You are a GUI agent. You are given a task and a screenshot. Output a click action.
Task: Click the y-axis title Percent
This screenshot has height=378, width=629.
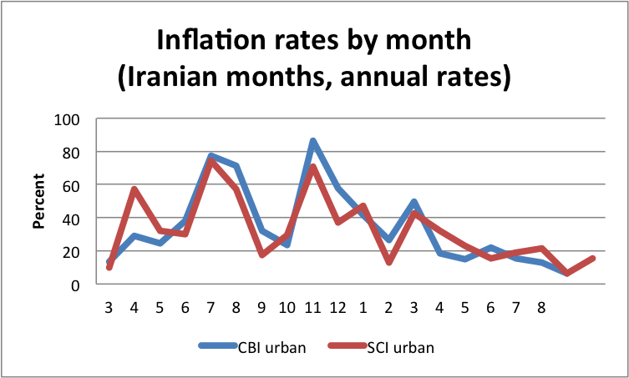click(x=38, y=202)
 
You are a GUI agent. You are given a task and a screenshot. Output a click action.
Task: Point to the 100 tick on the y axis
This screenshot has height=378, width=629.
click(x=67, y=119)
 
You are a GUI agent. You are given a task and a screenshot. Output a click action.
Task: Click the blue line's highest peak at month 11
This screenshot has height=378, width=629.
click(x=313, y=142)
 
